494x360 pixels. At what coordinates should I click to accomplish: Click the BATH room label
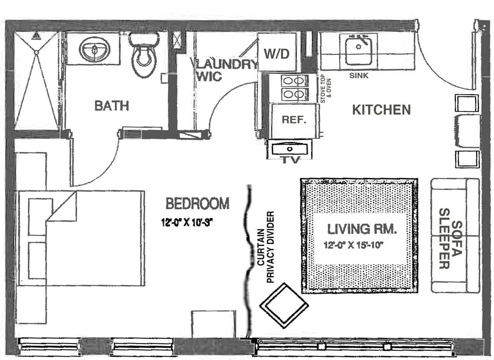tap(112, 106)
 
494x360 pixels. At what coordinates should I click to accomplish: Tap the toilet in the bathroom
tap(144, 57)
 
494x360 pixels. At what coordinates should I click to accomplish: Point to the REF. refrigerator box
tap(294, 120)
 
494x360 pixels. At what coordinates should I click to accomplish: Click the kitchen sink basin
tap(359, 50)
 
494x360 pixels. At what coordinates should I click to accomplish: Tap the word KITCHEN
tap(381, 110)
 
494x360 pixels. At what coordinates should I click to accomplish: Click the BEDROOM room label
tap(197, 204)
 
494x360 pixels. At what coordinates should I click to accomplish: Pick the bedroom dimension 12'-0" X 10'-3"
tap(187, 223)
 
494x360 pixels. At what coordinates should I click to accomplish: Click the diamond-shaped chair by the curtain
tap(284, 305)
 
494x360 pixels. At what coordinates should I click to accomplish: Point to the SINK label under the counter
tap(359, 75)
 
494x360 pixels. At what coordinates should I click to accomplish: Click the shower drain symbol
tap(36, 52)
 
